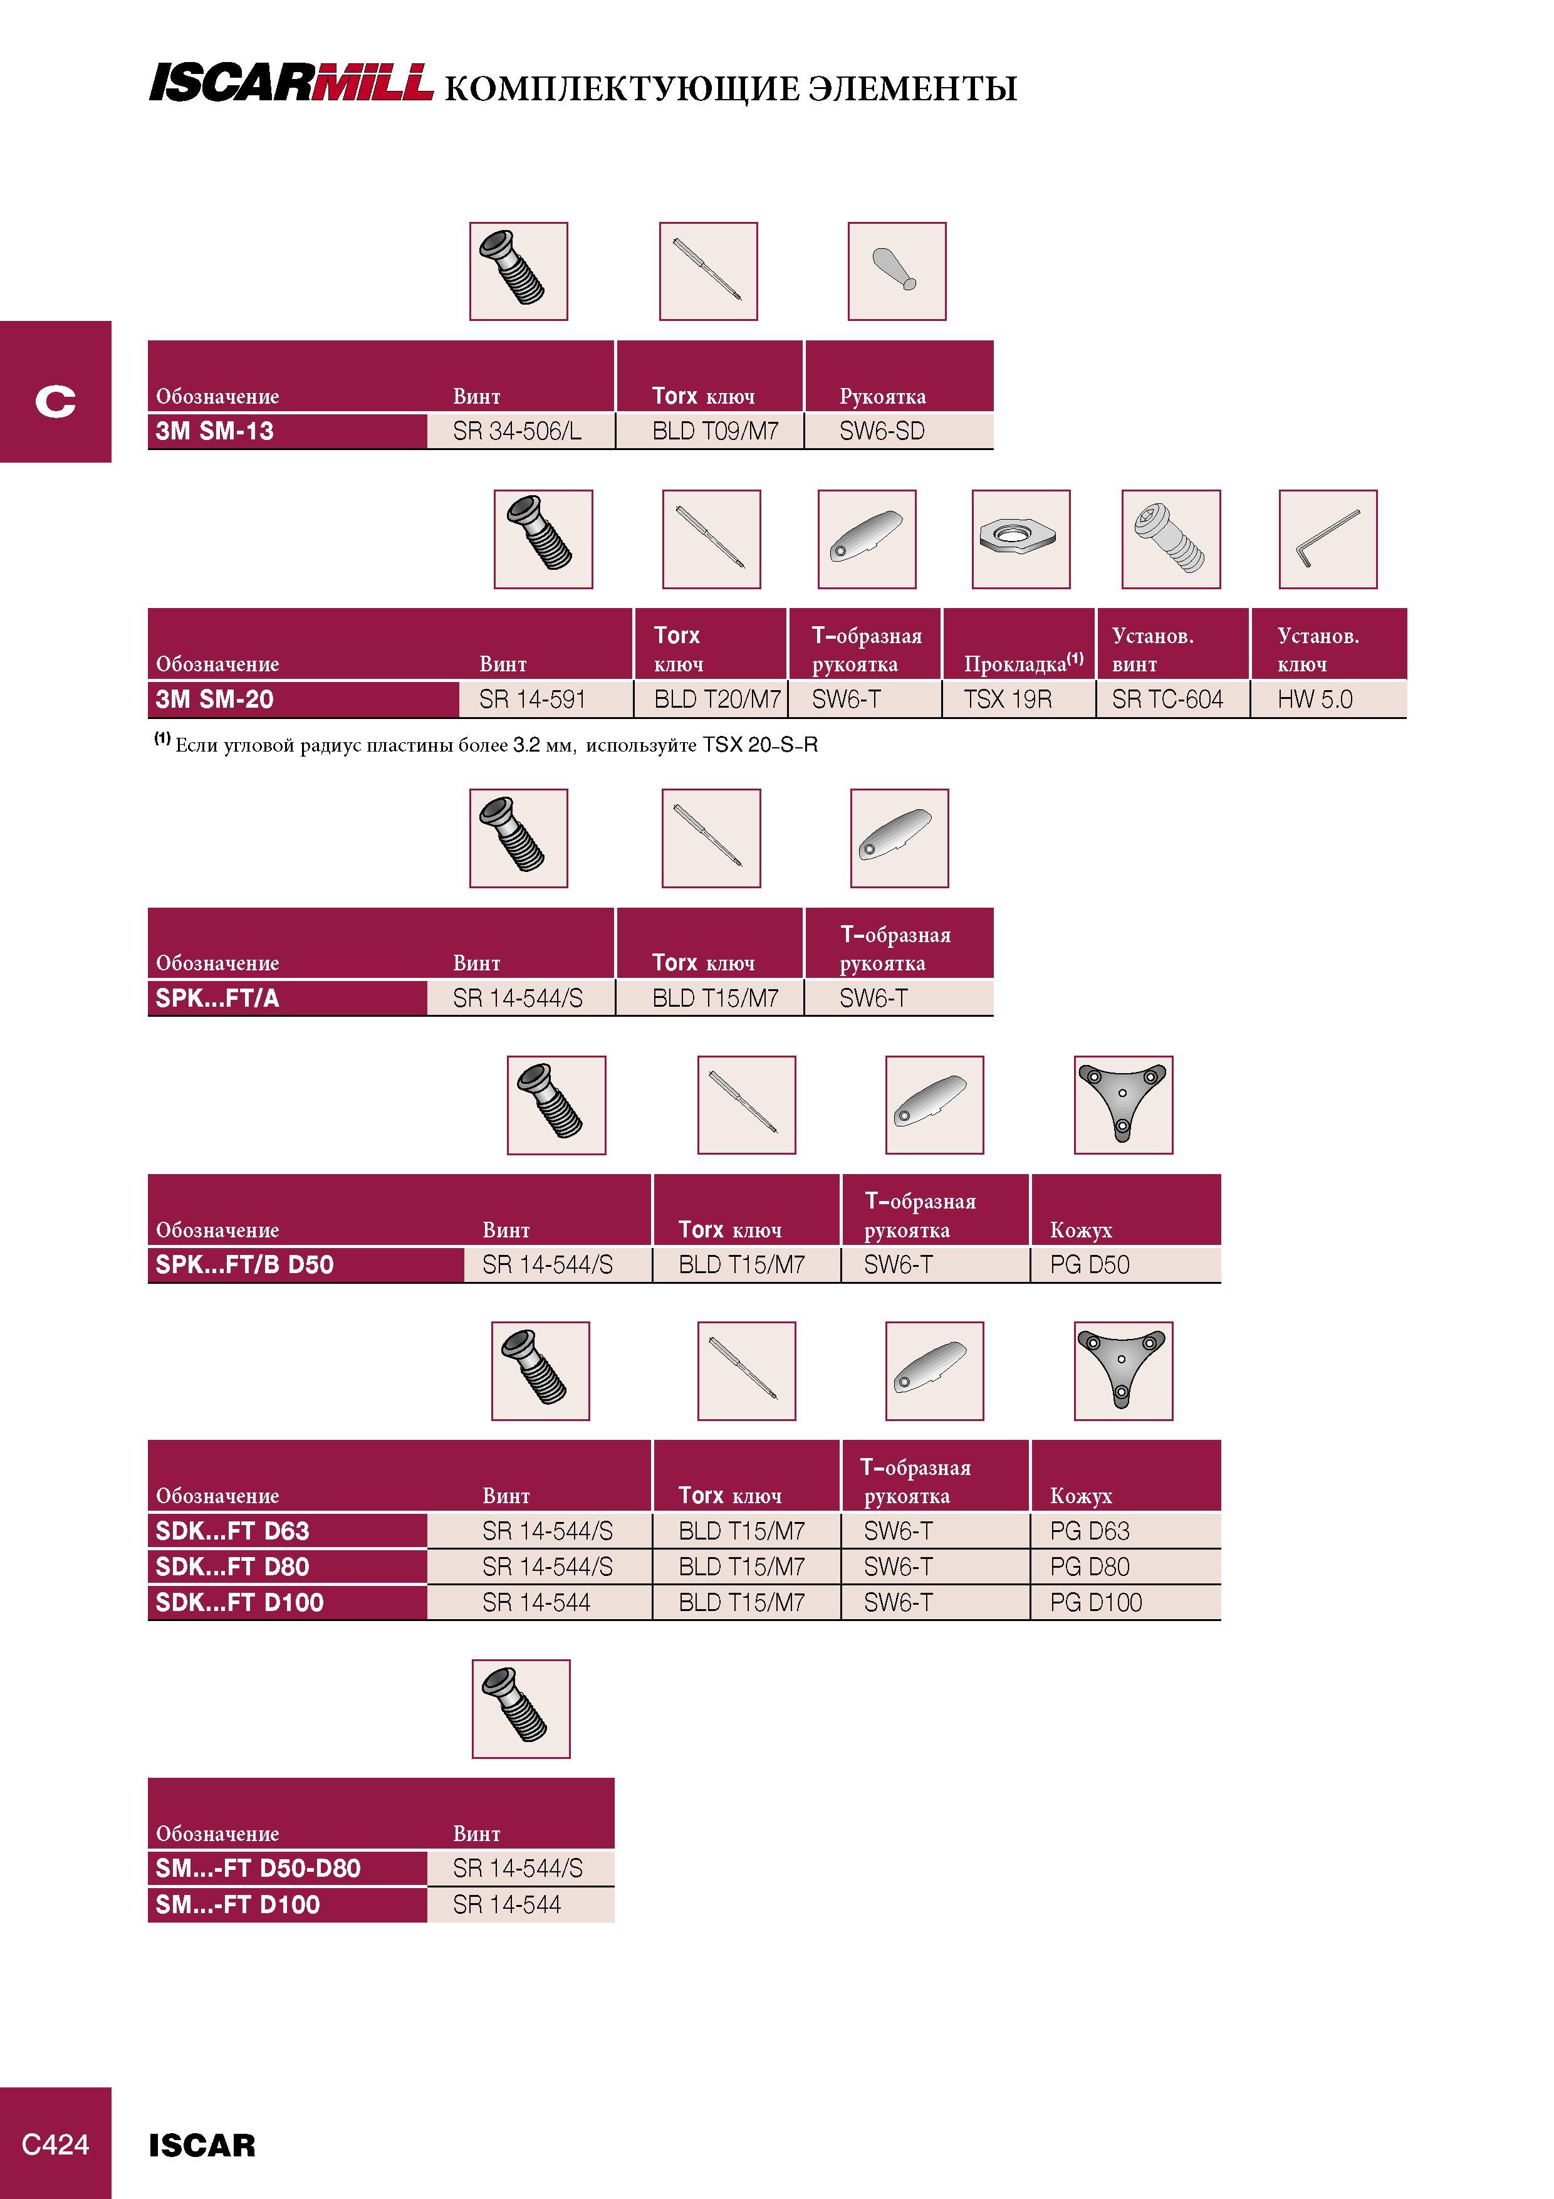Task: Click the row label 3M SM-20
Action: tap(214, 699)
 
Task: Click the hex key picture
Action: tap(1328, 539)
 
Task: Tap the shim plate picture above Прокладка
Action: tap(1021, 539)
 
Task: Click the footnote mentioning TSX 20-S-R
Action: tap(486, 744)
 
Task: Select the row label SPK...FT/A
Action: tap(217, 998)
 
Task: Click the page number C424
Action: tap(56, 2144)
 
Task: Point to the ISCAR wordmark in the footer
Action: tap(202, 2145)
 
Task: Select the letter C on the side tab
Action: tap(56, 401)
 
